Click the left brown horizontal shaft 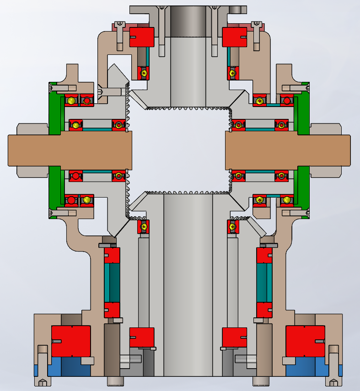(69, 150)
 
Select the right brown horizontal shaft (288, 150)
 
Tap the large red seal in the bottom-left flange (70, 341)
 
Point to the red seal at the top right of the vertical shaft (235, 37)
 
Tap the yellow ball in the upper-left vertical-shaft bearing (144, 73)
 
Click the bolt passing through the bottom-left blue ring (42, 366)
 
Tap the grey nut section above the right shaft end (326, 129)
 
